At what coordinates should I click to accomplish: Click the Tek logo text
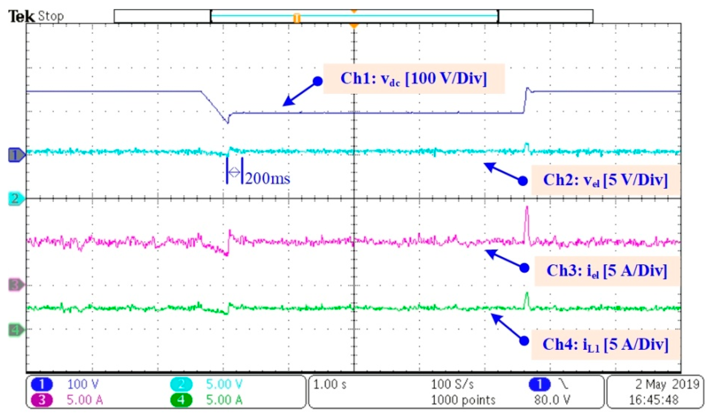22,16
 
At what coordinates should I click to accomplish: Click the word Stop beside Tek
51,16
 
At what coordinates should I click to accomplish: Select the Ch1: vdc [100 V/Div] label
414,79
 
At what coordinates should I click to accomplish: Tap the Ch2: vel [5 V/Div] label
605,180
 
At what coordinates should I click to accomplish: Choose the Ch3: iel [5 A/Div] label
607,271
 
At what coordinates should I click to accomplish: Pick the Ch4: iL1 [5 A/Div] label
605,345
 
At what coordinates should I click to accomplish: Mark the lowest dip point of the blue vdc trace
228,123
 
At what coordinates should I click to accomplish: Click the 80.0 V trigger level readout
552,400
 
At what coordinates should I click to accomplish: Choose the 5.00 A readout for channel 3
85,400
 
